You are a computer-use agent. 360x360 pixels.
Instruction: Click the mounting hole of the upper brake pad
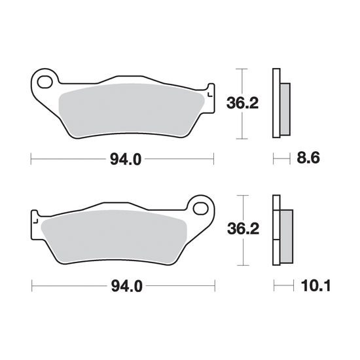[x=45, y=82]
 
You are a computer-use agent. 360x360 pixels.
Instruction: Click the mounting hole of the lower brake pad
[x=201, y=209]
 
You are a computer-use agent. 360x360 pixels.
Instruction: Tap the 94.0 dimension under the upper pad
[x=126, y=159]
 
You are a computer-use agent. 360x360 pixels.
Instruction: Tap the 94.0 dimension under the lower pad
[x=127, y=286]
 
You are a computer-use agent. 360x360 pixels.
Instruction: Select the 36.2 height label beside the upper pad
[x=242, y=103]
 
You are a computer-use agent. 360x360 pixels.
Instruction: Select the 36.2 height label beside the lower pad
[x=243, y=229]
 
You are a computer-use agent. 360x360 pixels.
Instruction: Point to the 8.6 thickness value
[x=308, y=158]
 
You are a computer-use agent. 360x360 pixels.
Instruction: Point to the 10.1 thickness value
[x=315, y=286]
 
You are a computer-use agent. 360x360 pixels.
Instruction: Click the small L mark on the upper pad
[x=209, y=94]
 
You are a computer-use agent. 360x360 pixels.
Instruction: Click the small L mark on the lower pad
[x=35, y=221]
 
